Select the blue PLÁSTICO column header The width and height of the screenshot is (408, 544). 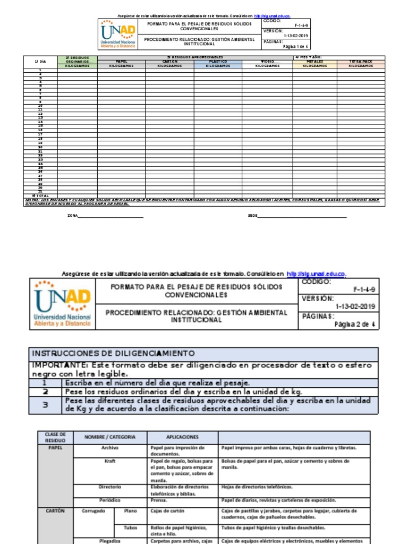(x=217, y=61)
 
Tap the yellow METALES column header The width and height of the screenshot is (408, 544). (x=314, y=61)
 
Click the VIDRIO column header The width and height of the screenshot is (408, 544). (x=267, y=61)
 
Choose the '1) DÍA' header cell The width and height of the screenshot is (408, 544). (x=40, y=61)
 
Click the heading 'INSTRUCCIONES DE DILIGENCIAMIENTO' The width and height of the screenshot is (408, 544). (x=113, y=353)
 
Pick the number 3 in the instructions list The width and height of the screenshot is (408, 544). (x=45, y=404)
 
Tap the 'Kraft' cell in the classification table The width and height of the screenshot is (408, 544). (x=110, y=461)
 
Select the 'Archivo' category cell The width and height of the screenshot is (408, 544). (x=110, y=448)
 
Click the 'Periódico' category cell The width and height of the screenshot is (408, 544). (x=110, y=500)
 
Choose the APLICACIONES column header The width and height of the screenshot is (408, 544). (x=182, y=437)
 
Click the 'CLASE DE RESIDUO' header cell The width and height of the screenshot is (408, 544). (x=55, y=437)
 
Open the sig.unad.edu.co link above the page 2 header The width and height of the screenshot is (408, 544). (x=316, y=274)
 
